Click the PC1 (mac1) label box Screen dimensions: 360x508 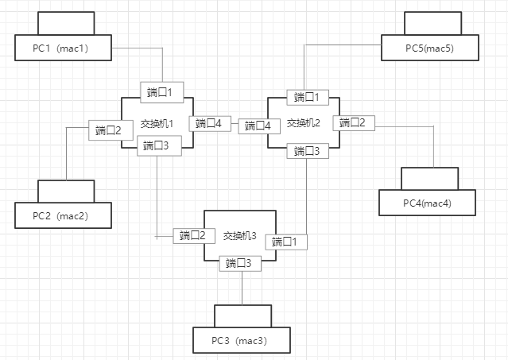click(62, 48)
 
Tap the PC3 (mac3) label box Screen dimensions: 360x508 click(239, 340)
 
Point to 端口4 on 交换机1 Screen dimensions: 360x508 click(210, 123)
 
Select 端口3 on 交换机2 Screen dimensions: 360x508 click(308, 150)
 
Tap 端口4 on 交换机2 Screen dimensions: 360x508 click(262, 125)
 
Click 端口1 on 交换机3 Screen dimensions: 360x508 click(289, 242)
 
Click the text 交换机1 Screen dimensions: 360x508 click(157, 124)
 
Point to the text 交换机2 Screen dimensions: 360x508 click(303, 123)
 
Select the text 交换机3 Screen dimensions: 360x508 click(240, 235)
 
